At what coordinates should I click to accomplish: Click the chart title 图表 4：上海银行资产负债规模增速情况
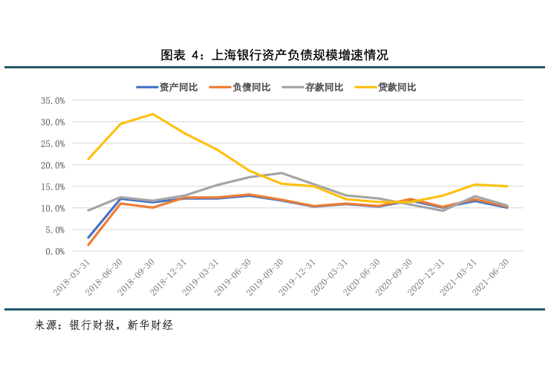[275, 55]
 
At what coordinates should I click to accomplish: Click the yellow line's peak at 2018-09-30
[153, 114]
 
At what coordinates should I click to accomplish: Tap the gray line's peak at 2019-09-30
[281, 173]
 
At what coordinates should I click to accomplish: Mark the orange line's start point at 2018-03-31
[88, 245]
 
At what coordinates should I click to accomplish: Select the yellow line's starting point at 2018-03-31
[88, 159]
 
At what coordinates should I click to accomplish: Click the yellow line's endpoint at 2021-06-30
[507, 186]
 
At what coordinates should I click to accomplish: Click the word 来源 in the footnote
[46, 325]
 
